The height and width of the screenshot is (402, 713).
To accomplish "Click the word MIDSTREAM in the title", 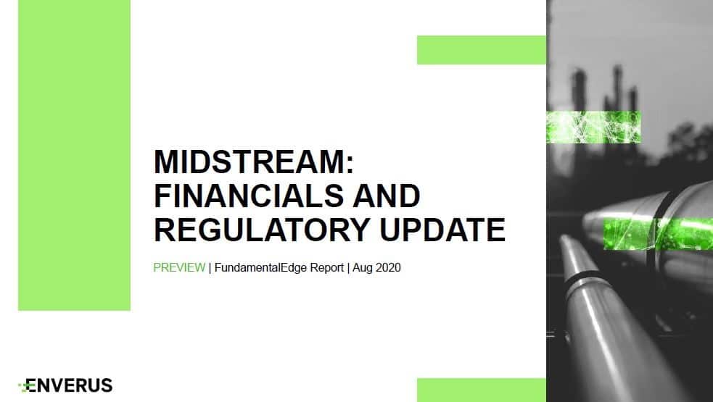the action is [x=250, y=162].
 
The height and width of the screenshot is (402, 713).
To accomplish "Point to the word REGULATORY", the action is [x=261, y=230].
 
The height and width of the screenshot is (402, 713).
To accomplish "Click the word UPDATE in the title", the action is [x=442, y=230].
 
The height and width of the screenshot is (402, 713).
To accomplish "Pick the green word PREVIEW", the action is [x=179, y=267].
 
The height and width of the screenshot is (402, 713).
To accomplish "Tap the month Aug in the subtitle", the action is [x=363, y=268].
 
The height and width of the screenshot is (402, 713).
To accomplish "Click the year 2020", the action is [x=388, y=267].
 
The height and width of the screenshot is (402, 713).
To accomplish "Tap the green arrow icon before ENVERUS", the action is [x=24, y=387].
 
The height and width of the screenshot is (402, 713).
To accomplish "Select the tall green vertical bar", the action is [x=74, y=155].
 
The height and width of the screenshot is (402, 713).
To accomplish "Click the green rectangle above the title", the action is [x=482, y=50].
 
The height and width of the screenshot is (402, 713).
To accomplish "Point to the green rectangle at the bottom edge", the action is [x=482, y=390].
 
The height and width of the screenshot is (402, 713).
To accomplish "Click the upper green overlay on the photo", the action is [x=593, y=127].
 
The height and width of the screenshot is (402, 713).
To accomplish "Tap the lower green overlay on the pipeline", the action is [x=658, y=234].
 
